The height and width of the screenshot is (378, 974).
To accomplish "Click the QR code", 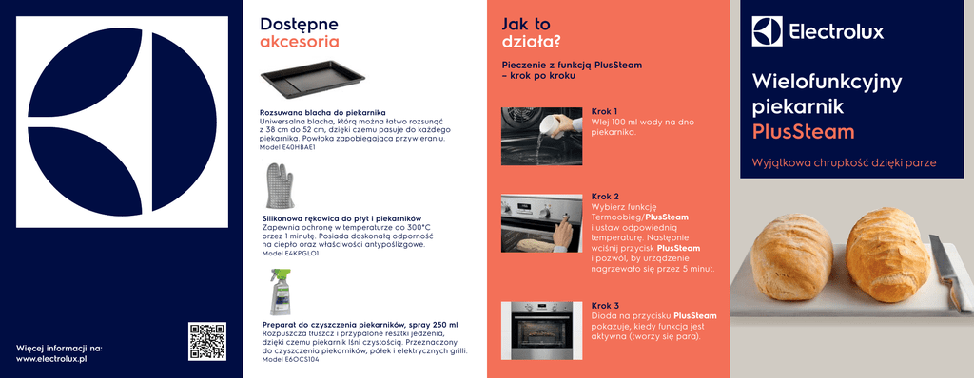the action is (x=206, y=341).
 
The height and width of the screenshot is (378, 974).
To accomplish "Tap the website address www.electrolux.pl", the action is (x=51, y=359).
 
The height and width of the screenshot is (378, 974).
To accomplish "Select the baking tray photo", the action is (x=312, y=80).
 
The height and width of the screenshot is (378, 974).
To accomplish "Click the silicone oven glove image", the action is (x=279, y=185).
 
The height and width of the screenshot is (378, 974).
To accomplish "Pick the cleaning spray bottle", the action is (x=281, y=292).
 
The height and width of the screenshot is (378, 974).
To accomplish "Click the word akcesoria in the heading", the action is (x=300, y=42).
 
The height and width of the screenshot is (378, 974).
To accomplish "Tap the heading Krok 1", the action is (x=604, y=112).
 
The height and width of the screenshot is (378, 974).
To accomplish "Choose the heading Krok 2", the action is (x=605, y=197).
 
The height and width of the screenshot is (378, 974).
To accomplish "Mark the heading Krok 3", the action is (x=605, y=306).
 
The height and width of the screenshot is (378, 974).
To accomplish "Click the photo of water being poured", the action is (x=541, y=136).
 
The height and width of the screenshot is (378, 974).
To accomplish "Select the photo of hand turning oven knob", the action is (x=541, y=223).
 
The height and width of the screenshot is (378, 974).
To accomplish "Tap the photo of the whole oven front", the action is (x=541, y=331).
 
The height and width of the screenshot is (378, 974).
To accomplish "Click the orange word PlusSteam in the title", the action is (x=803, y=132).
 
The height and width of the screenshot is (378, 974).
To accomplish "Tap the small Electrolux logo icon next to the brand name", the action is (x=768, y=31).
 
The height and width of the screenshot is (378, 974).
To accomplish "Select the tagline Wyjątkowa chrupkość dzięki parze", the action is (x=845, y=163).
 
